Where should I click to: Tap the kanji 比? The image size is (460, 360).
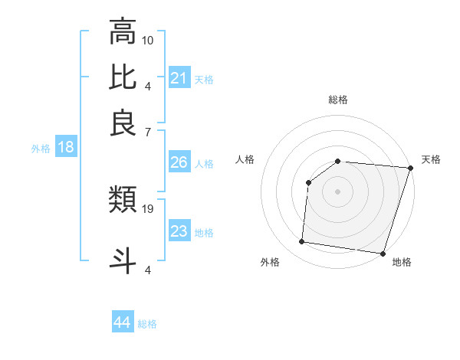pos(123,77)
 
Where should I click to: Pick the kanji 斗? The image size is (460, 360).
pos(123,259)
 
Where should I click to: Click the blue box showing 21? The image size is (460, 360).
pos(179,78)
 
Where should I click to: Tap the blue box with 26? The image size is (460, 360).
pos(179,162)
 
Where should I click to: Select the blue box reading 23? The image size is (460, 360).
pos(179,231)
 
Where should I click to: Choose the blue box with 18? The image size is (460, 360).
pos(65,147)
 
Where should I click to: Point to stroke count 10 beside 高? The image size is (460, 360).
pos(148,39)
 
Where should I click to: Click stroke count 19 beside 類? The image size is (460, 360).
pos(148,208)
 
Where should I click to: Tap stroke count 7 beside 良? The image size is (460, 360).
pos(148,132)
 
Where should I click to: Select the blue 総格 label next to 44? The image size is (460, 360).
pos(147,324)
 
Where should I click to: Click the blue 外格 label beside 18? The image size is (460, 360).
pos(41,149)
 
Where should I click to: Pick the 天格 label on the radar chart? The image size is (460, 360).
pos(431,159)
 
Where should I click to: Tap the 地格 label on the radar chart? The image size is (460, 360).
pos(402,262)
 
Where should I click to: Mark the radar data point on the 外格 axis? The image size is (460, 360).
pos(302,242)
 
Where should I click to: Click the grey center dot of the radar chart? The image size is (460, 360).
pos(337,191)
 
